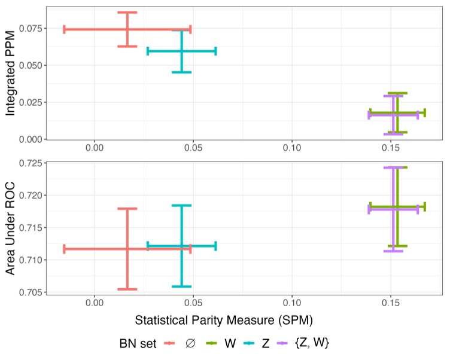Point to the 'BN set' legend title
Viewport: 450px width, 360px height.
[137, 343]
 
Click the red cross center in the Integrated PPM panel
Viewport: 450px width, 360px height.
[127, 29]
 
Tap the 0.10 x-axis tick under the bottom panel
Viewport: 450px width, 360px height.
[292, 304]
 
